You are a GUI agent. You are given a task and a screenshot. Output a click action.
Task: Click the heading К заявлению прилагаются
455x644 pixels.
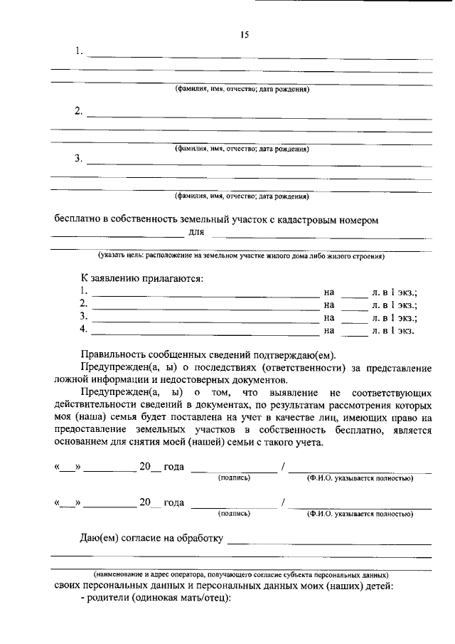[x=141, y=278]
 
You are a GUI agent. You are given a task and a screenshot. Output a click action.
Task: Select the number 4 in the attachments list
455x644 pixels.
[x=83, y=329]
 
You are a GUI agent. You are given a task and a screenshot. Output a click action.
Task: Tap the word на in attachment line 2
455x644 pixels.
[x=328, y=305]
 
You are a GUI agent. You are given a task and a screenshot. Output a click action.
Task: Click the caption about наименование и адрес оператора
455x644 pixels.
[x=242, y=574]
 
